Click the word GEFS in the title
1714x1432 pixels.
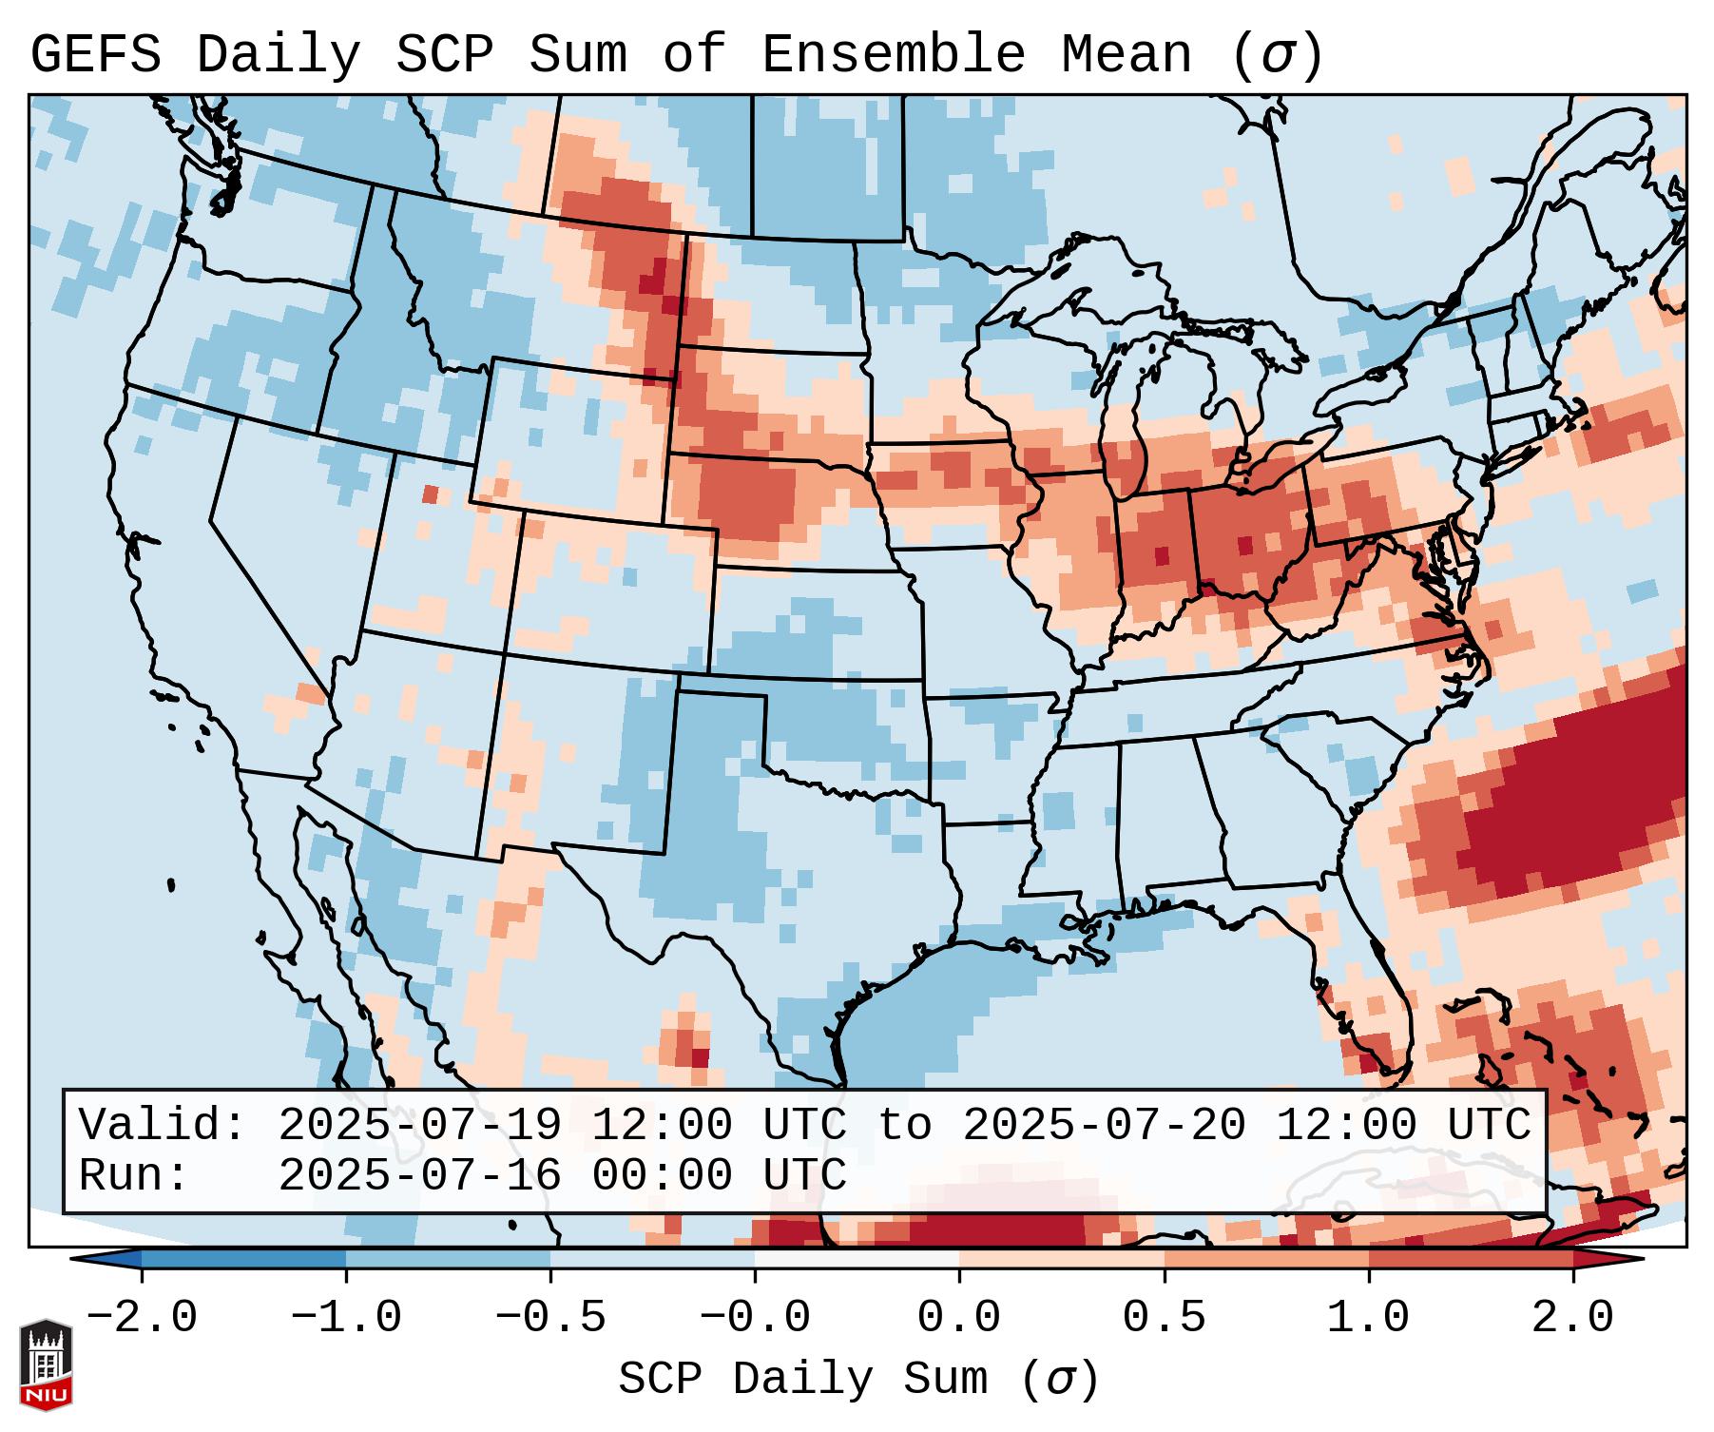point(95,54)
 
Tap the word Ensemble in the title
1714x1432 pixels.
point(893,54)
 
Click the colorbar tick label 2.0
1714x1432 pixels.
point(1572,1318)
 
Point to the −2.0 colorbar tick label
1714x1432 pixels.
point(142,1318)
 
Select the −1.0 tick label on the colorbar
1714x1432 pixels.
point(346,1318)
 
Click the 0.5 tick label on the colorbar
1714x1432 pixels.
point(1164,1318)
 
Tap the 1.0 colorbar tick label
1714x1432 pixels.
point(1368,1318)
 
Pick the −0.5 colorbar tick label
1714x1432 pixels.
point(550,1318)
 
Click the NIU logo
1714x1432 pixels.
point(46,1365)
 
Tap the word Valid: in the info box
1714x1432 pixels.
point(163,1126)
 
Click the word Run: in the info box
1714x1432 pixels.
point(134,1176)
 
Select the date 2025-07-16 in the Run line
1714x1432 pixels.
point(419,1176)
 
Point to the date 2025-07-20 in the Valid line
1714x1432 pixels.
point(1104,1126)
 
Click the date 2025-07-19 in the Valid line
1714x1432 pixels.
point(419,1126)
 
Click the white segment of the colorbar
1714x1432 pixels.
point(857,1259)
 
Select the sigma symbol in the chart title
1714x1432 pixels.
point(1277,56)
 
